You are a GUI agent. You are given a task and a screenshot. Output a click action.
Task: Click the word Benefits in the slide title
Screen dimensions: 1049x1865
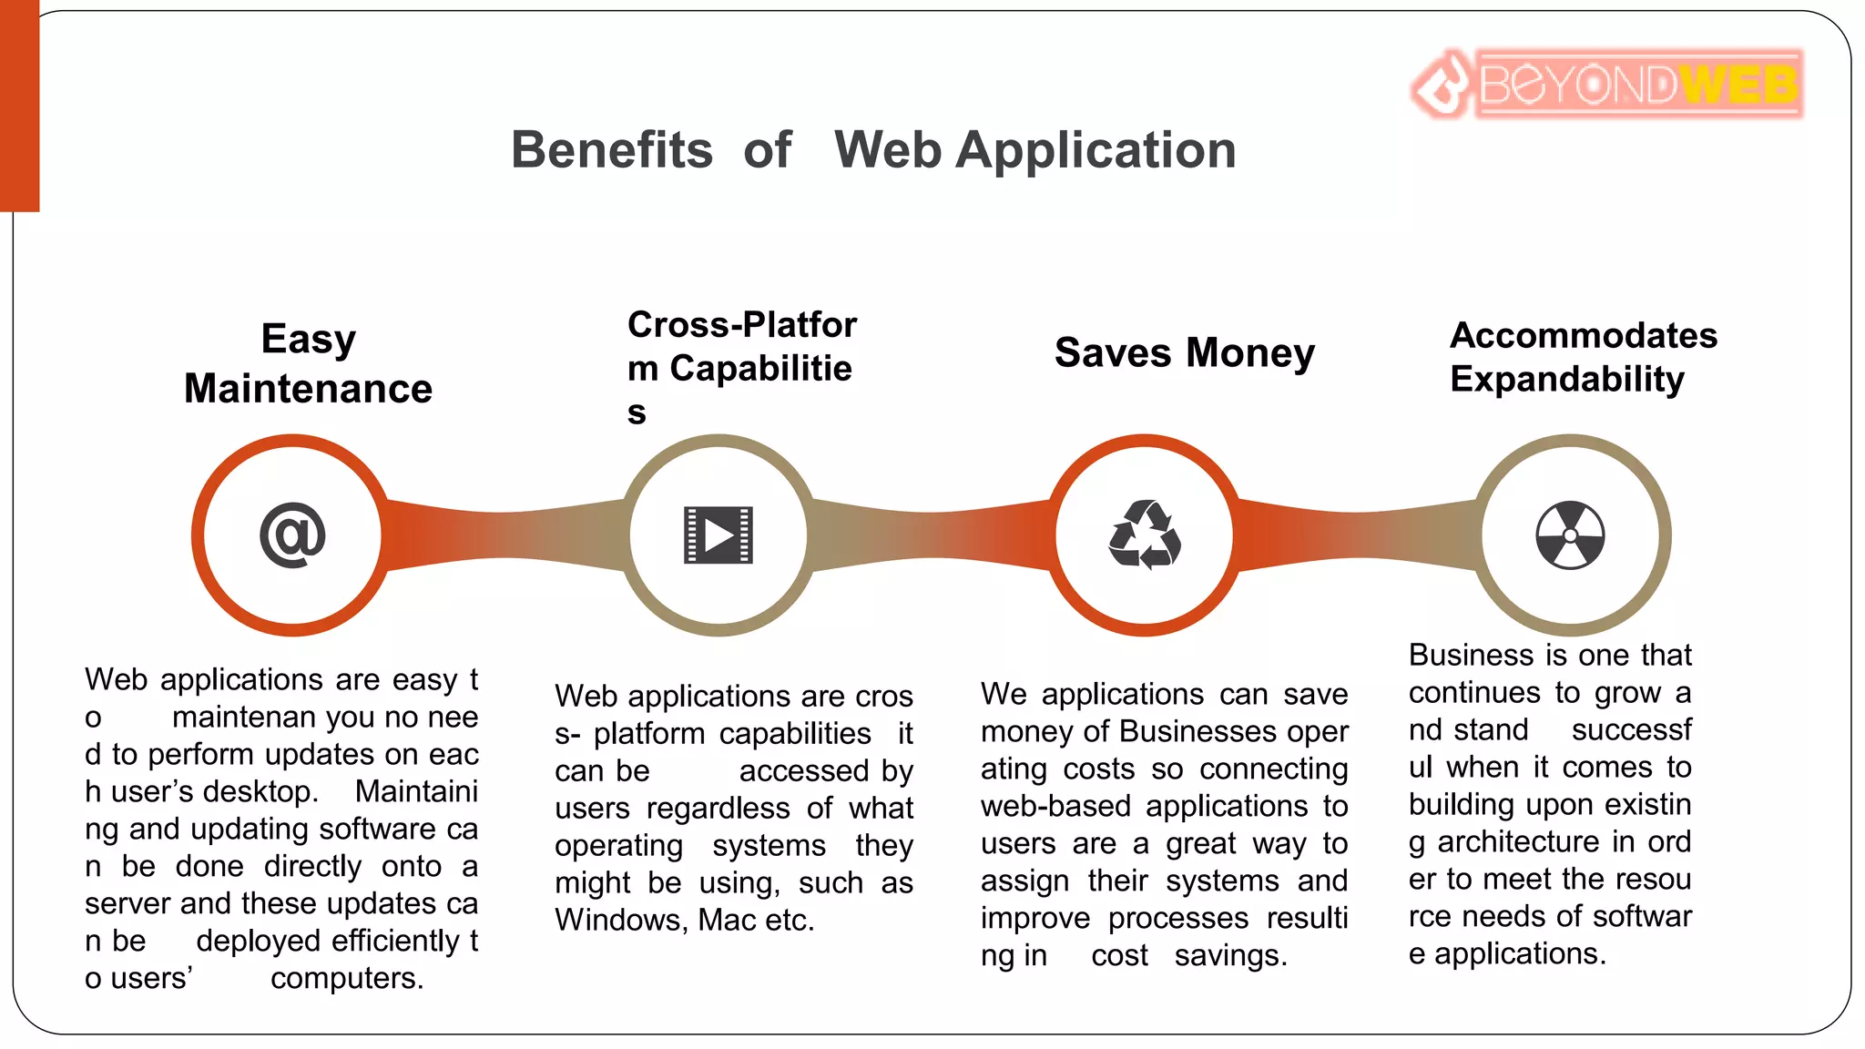coord(612,150)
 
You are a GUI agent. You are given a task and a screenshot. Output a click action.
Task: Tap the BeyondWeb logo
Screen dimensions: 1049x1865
coord(1607,85)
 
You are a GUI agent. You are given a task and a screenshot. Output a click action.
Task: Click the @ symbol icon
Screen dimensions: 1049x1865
coord(292,535)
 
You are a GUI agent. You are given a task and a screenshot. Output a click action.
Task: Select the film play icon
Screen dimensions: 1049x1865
coord(718,535)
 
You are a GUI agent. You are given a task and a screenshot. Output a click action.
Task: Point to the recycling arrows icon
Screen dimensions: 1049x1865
coord(1145,535)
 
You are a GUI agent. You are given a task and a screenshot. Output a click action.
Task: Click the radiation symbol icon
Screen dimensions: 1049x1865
coord(1570,535)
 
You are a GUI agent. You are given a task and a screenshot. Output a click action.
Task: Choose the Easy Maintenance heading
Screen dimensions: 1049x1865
coord(308,363)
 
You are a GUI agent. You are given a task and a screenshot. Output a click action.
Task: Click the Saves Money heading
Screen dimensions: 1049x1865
coord(1185,352)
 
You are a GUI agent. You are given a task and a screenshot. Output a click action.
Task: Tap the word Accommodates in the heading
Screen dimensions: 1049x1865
coord(1584,335)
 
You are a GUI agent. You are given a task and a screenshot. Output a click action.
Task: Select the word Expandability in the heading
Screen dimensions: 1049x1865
coord(1567,379)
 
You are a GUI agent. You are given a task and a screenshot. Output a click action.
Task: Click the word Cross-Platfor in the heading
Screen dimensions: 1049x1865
coord(742,325)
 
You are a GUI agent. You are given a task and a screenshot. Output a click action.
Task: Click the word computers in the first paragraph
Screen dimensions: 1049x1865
coord(346,978)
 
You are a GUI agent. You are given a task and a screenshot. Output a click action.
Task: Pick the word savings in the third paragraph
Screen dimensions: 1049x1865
coord(1230,955)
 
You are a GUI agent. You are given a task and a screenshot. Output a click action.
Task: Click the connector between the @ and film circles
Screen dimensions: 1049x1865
coord(505,535)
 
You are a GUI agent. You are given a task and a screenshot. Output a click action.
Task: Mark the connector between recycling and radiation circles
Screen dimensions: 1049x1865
coord(1357,535)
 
